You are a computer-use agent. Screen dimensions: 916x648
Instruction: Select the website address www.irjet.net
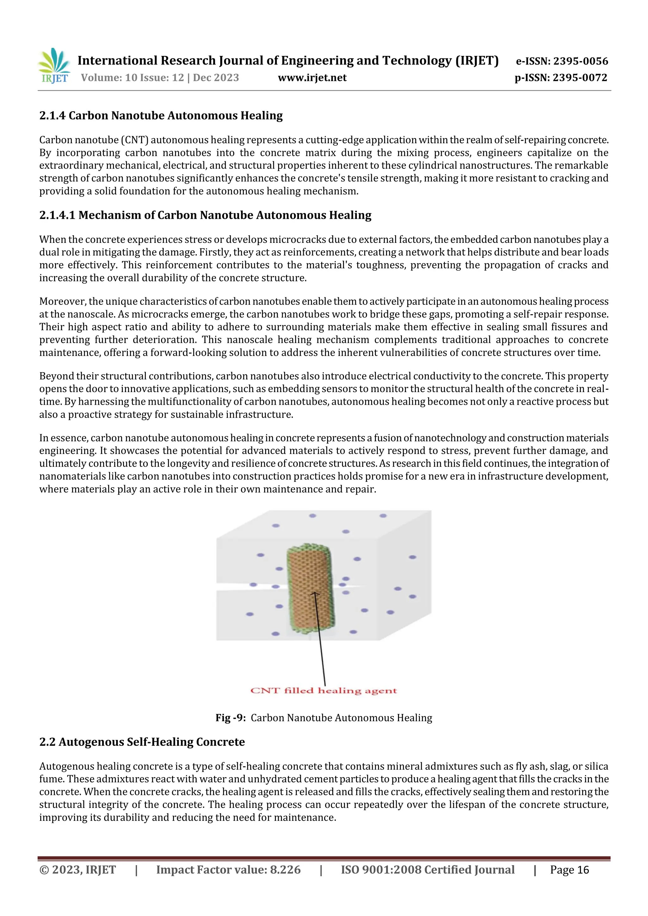point(312,78)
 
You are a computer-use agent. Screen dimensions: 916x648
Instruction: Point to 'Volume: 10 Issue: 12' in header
point(132,78)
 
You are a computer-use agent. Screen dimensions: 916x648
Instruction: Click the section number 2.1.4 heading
point(52,116)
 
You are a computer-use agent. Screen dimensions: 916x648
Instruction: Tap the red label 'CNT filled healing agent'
point(323,691)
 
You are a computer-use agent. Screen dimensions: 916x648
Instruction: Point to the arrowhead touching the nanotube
point(315,594)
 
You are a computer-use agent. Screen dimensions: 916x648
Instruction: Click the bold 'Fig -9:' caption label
point(230,718)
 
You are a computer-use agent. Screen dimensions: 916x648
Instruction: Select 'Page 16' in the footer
point(569,870)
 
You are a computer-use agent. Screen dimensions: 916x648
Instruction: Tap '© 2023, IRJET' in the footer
point(78,870)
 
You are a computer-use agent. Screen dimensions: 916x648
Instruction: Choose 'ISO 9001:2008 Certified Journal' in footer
point(427,870)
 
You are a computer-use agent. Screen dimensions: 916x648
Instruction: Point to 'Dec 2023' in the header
point(216,78)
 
